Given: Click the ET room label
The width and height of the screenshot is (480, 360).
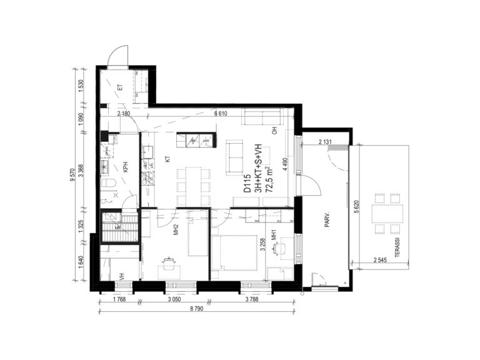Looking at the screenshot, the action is [120, 87].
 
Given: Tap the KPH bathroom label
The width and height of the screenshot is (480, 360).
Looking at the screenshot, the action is [126, 167].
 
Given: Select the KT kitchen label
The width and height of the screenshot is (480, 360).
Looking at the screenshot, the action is [167, 159].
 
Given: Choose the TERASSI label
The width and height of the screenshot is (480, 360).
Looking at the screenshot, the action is [397, 247].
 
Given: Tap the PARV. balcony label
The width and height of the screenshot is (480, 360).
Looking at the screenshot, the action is [327, 221].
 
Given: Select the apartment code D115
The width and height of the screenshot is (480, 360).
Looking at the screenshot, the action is [247, 183].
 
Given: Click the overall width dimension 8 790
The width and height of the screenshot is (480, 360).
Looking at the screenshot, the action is [196, 309].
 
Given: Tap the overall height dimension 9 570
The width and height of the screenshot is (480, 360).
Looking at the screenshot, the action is [72, 174].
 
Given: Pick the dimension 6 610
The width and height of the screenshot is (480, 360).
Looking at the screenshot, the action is [221, 114].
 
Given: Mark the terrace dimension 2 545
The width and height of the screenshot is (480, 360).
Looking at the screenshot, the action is [380, 260].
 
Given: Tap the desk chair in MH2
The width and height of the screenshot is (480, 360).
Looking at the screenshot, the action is [167, 263].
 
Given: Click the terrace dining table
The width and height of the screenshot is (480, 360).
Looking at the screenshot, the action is [387, 214].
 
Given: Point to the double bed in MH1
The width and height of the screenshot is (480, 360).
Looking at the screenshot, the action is [234, 252].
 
